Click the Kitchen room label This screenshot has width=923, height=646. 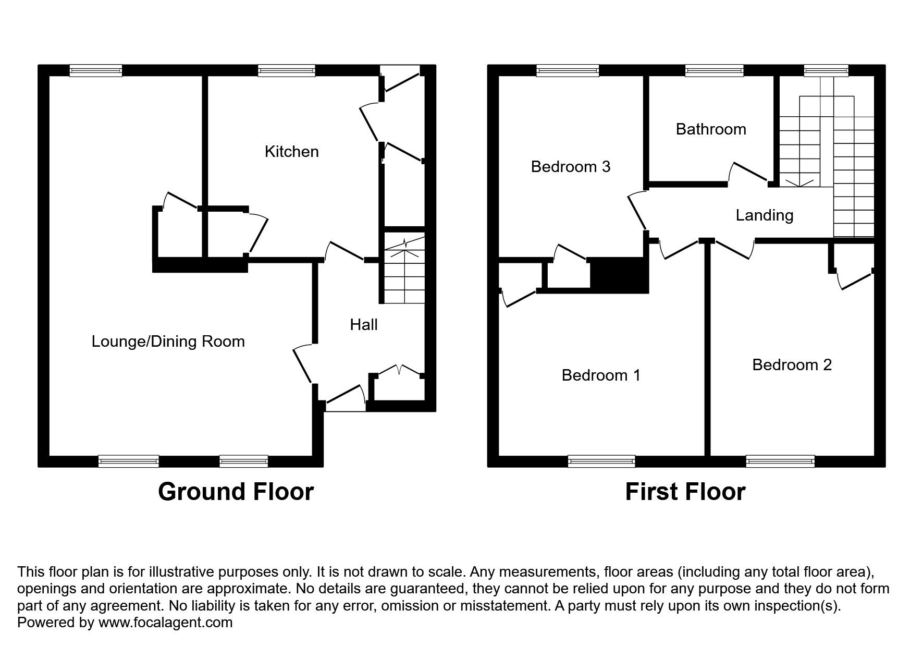click(291, 152)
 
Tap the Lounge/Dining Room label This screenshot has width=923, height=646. click(168, 342)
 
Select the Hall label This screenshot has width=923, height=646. click(363, 325)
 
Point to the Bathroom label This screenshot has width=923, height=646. click(710, 129)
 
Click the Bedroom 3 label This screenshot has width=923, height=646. click(570, 167)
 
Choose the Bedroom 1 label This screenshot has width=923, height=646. click(600, 375)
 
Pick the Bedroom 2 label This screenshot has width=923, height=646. click(791, 365)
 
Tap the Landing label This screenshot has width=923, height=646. click(764, 215)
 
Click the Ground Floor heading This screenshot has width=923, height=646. click(236, 492)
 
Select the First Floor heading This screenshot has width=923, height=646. click(685, 492)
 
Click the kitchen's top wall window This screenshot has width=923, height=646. click(286, 71)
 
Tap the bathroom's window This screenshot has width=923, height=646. click(714, 71)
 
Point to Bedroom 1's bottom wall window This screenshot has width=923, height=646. click(601, 460)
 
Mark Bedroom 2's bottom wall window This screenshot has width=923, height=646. click(780, 460)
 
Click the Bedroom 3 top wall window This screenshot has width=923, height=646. click(568, 71)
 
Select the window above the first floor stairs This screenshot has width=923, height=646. click(826, 71)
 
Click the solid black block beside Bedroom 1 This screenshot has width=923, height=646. click(619, 275)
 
